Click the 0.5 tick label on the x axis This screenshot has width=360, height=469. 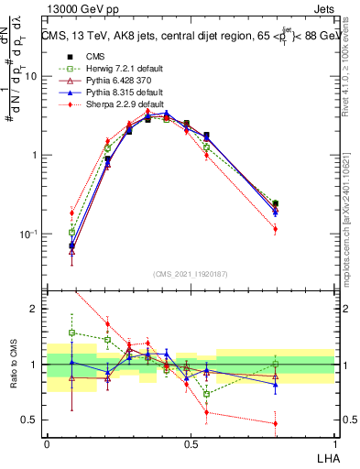[x=191, y=442]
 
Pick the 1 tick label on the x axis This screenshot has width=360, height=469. [x=333, y=442]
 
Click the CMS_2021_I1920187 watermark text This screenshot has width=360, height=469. [x=191, y=274]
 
